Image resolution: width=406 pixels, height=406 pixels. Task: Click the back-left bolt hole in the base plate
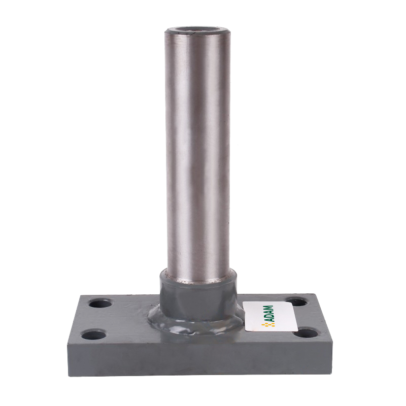click(100, 303)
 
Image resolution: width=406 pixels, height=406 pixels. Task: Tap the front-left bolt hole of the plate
click(94, 335)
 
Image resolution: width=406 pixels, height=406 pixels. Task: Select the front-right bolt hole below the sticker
click(307, 333)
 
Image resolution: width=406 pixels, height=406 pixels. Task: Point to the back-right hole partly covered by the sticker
click(297, 301)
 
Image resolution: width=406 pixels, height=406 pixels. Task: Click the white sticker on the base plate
click(270, 316)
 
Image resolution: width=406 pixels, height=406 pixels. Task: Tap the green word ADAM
click(270, 314)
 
